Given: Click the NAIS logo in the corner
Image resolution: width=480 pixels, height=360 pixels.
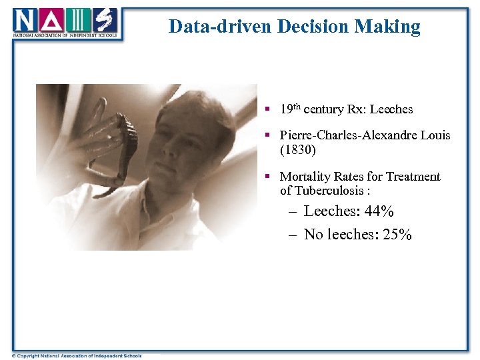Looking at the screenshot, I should [65, 23].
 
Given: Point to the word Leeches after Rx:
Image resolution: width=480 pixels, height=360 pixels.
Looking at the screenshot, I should [391, 109].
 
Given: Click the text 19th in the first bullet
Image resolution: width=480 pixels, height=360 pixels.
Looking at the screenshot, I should [289, 108].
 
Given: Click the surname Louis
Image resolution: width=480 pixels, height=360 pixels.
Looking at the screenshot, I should [436, 135].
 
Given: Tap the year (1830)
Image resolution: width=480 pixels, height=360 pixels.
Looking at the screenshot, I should [298, 149].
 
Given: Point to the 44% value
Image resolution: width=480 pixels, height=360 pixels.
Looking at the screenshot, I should [379, 211].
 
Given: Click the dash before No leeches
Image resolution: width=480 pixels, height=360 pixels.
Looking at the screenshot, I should [293, 235].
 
